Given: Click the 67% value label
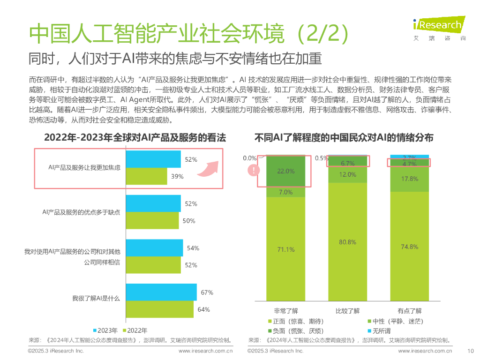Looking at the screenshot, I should tap(207, 292).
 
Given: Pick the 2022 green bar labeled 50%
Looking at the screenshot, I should tap(153, 221).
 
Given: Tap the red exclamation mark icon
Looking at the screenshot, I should tap(254, 171).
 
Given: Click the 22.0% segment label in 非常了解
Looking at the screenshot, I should tap(285, 172).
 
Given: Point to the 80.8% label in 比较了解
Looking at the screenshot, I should tap(347, 242).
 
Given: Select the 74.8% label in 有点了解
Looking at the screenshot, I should tap(409, 247).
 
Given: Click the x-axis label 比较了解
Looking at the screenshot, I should tap(347, 311).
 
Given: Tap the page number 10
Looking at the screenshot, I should tap(471, 351).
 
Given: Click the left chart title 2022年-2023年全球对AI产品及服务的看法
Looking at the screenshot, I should tap(135, 138).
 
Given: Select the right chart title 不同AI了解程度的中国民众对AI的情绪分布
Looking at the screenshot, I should tap(344, 138).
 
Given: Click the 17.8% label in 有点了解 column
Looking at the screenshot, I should tap(409, 179).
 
